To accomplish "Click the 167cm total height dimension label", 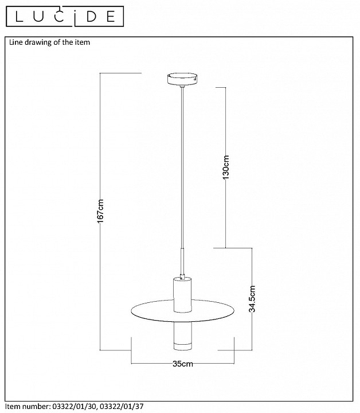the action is [x=100, y=211].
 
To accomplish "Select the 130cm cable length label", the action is [x=226, y=167].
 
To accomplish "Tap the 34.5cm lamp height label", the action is [x=252, y=299].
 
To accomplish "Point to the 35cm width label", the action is [x=183, y=364].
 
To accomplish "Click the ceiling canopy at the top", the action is [x=182, y=79].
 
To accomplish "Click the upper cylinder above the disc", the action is [x=183, y=295].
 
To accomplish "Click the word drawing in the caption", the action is [x=38, y=42].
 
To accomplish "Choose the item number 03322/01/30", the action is [x=75, y=407].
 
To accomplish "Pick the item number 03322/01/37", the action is [x=122, y=407].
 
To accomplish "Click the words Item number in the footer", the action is [x=28, y=407].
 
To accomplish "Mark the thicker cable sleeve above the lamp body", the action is [x=182, y=262].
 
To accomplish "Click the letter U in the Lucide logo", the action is [x=38, y=16].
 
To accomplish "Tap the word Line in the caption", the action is [x=16, y=42].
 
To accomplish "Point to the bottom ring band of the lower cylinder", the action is [x=183, y=347].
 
